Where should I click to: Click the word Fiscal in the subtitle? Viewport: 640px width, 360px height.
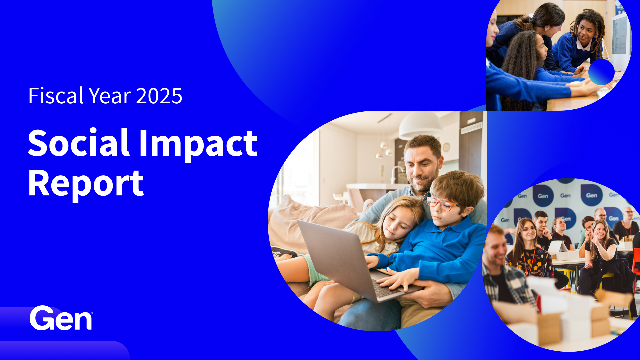tap(56, 96)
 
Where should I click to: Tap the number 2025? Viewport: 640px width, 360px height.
tap(159, 96)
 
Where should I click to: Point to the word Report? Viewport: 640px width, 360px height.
tap(86, 184)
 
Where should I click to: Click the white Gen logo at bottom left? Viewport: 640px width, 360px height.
tap(61, 318)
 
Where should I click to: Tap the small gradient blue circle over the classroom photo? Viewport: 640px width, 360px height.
tap(601, 72)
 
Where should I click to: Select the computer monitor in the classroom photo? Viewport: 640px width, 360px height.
tap(620, 40)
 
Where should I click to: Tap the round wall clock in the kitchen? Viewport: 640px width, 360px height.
tap(446, 147)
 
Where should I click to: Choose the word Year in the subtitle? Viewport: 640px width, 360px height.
tap(110, 96)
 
